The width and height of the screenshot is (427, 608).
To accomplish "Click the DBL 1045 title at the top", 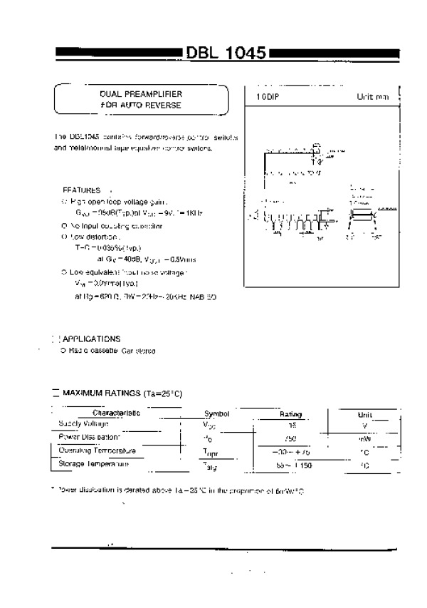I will coord(226,53).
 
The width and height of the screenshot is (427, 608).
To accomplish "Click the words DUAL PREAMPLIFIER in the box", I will coord(141,94).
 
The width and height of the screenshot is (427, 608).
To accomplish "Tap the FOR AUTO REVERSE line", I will coord(141,105).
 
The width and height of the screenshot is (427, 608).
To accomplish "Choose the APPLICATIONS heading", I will coord(91,339).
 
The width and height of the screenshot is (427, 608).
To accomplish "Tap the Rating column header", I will coord(290,413).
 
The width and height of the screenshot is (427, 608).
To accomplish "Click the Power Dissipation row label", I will coord(90,436).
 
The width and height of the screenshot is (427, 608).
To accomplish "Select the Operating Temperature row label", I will coord(97,450).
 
